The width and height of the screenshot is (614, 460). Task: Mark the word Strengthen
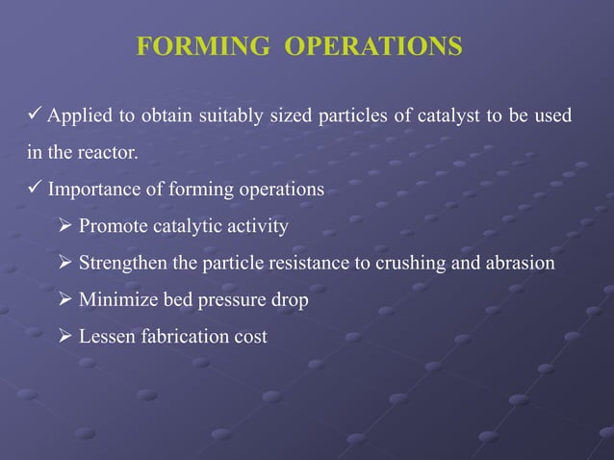121,264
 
